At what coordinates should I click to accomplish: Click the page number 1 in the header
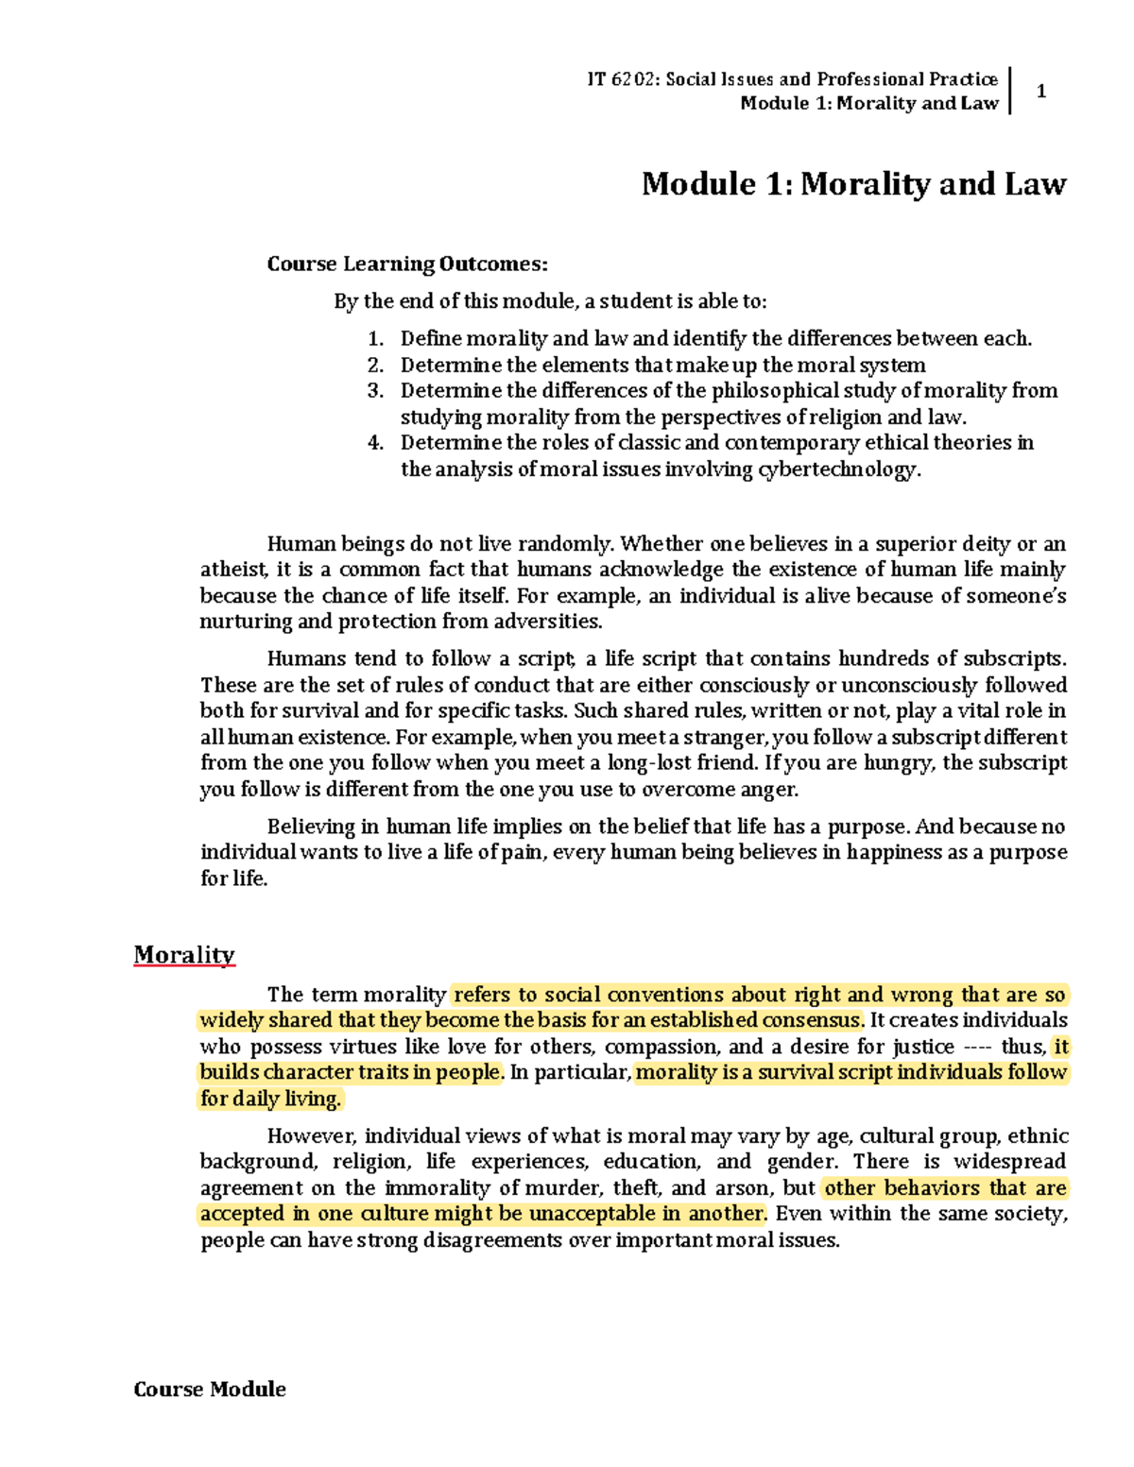pos(1040,92)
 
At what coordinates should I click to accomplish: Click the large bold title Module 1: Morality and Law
pos(853,183)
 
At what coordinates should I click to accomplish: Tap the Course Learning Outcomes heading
pos(406,264)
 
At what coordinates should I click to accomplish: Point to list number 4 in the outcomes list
pos(375,443)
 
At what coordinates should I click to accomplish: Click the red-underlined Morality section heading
pos(183,955)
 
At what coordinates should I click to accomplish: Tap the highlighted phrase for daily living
pos(270,1099)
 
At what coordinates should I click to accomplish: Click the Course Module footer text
pos(210,1390)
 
